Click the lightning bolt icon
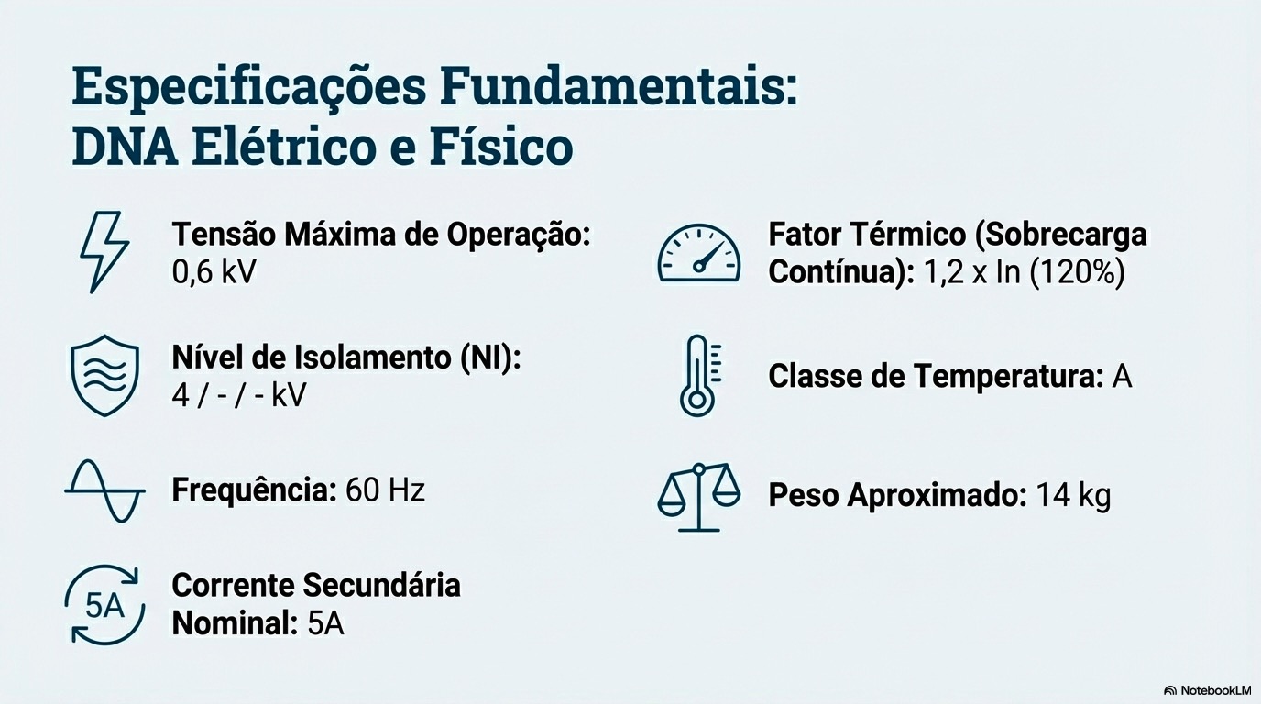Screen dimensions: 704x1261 [x=104, y=252]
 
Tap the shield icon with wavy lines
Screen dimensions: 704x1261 [x=104, y=376]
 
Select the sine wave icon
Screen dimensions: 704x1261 [x=104, y=491]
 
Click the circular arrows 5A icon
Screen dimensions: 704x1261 [x=104, y=604]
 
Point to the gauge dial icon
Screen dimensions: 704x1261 [x=699, y=253]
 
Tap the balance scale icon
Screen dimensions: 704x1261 [x=699, y=496]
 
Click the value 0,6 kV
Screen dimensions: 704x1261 [x=214, y=272]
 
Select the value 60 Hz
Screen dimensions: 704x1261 [x=385, y=490]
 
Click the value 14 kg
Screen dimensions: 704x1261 [x=1073, y=496]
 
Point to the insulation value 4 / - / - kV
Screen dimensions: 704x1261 [x=239, y=395]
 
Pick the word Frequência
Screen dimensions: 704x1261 [x=253, y=490]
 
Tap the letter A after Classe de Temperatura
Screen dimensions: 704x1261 [x=1122, y=376]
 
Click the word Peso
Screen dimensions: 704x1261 [x=804, y=496]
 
